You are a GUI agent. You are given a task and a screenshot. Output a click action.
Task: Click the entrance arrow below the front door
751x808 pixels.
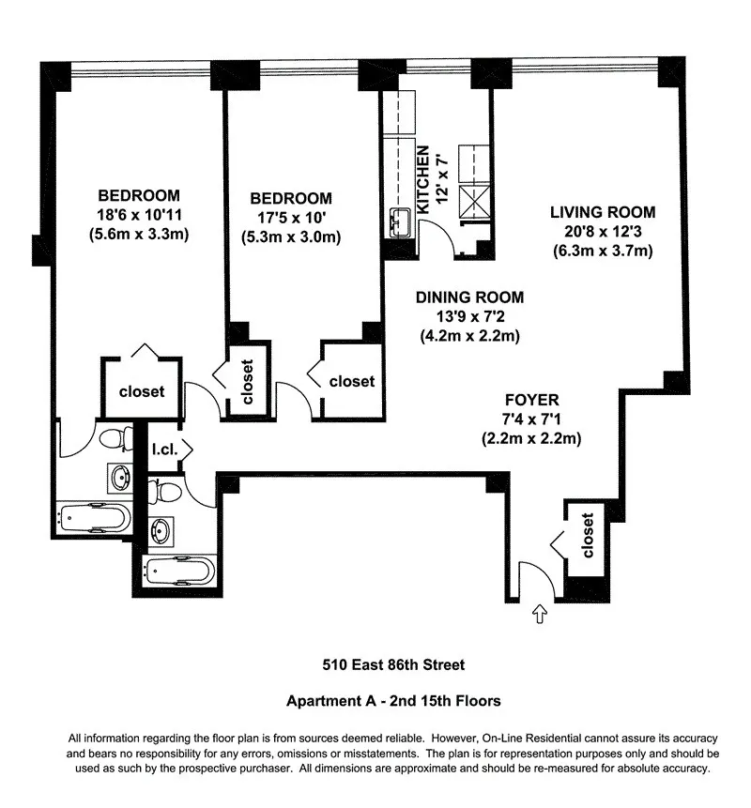(x=540, y=616)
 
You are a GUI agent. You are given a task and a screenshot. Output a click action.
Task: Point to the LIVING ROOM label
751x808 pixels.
(x=602, y=211)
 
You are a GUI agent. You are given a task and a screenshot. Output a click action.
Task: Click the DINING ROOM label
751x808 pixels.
(x=469, y=297)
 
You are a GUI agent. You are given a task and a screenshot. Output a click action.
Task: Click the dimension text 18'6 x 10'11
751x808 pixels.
(x=139, y=215)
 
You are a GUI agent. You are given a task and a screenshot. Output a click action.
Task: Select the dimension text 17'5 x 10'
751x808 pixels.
(x=290, y=218)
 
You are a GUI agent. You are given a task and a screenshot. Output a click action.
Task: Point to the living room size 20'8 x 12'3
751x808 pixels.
(x=602, y=231)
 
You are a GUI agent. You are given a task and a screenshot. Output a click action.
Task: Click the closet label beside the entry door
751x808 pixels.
(x=589, y=535)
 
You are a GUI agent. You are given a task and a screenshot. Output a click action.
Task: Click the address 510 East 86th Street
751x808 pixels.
(x=390, y=665)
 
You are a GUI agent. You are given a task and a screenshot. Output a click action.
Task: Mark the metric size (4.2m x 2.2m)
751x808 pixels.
(x=469, y=335)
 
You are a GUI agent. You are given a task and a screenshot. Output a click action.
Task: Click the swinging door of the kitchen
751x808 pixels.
(x=441, y=244)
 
